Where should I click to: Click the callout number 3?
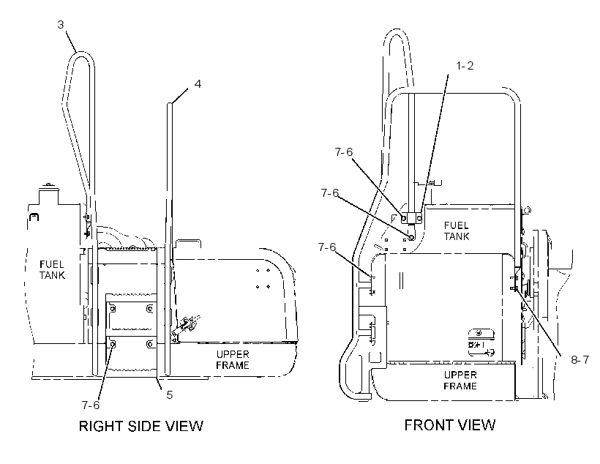(x=61, y=25)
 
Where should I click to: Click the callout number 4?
(x=198, y=84)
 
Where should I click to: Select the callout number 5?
(x=170, y=394)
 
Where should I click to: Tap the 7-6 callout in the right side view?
(x=91, y=405)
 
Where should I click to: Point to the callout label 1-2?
(x=465, y=66)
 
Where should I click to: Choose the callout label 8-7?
(x=580, y=360)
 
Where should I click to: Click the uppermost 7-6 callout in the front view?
(x=344, y=152)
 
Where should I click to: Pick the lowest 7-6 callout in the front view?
(x=327, y=247)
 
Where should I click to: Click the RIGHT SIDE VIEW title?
(x=140, y=426)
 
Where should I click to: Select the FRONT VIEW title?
(x=450, y=425)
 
